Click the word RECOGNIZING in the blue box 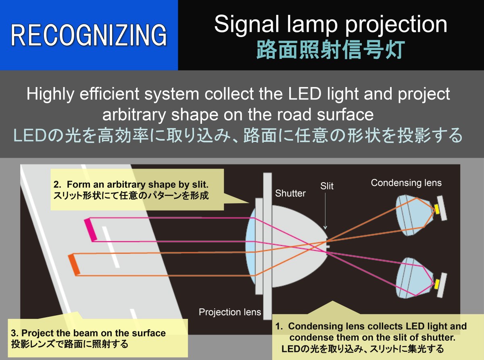89,35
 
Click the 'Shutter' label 290,194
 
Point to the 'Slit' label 327,187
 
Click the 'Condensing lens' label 406,183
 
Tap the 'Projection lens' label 230,312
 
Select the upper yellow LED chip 437,209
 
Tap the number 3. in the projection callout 15,333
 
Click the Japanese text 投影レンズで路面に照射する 70,344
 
